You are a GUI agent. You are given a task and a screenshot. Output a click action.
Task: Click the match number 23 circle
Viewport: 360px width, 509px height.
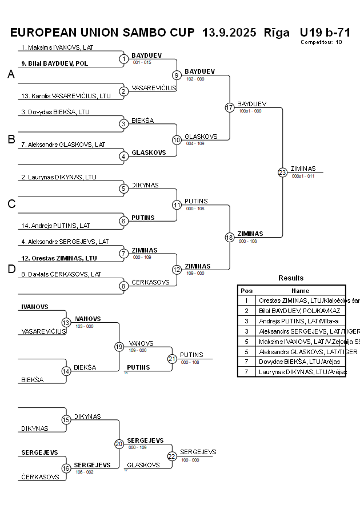pyautogui.click(x=282, y=172)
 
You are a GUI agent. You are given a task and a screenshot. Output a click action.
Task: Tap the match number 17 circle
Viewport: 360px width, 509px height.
pyautogui.click(x=229, y=107)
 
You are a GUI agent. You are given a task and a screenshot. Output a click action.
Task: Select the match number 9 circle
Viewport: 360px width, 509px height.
pyautogui.click(x=177, y=75)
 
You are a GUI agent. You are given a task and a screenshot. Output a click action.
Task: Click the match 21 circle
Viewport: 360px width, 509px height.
pyautogui.click(x=172, y=359)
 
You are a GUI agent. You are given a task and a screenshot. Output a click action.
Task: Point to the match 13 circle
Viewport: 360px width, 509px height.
pyautogui.click(x=66, y=323)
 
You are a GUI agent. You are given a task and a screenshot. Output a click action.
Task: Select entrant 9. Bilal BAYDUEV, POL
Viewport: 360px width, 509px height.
pyautogui.click(x=55, y=63)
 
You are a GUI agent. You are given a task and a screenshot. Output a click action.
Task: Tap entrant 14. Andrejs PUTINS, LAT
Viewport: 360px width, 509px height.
pyautogui.click(x=55, y=226)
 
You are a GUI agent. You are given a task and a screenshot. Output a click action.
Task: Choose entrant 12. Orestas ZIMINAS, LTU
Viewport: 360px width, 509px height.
pyautogui.click(x=59, y=258)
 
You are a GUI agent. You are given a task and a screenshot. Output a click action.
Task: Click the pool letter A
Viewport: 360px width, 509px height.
pyautogui.click(x=11, y=75)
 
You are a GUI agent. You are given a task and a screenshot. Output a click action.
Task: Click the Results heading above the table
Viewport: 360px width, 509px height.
pyautogui.click(x=291, y=278)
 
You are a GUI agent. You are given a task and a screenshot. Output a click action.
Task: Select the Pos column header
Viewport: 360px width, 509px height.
pyautogui.click(x=246, y=290)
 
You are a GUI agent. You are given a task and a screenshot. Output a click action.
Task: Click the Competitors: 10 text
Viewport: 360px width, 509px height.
pyautogui.click(x=321, y=42)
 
